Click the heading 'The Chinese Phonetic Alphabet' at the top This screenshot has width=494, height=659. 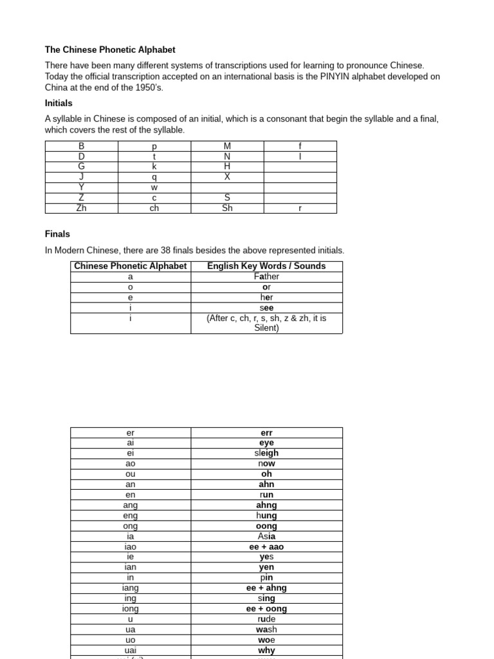(110, 50)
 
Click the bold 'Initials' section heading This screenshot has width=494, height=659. (59, 103)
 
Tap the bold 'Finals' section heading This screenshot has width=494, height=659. (57, 234)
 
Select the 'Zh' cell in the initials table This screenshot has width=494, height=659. (81, 208)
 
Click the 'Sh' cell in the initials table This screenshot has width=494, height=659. (227, 208)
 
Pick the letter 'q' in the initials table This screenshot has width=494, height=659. (154, 177)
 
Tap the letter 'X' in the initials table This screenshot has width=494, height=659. (227, 177)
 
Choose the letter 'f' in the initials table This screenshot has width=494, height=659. (300, 146)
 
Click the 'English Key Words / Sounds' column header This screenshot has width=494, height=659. (266, 266)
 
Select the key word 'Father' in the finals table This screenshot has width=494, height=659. (266, 276)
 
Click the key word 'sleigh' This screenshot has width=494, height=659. (266, 453)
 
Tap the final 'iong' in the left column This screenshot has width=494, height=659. (131, 609)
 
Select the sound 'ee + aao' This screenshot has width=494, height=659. (266, 546)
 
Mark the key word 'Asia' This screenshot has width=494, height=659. (266, 536)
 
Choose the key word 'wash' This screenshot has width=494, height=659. (266, 629)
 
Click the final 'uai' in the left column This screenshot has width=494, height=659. (131, 650)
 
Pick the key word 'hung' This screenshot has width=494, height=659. (266, 515)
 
